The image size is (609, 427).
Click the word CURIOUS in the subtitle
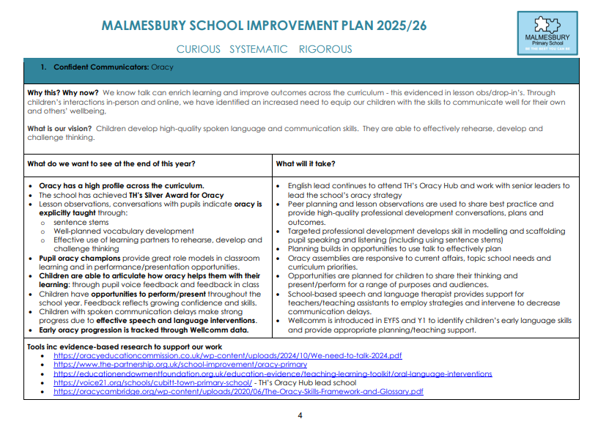198,50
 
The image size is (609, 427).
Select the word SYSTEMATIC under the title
259,50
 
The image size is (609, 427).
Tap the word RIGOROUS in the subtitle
325,50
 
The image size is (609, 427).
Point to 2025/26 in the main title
396,26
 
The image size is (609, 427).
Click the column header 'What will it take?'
306,163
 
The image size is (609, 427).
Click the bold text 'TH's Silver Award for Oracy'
175,196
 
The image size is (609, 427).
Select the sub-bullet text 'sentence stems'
81,222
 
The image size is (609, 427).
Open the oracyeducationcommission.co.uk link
228,355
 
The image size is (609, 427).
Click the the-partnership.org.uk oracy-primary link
180,364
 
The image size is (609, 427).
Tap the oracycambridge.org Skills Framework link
238,391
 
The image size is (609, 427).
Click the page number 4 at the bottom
300,415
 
